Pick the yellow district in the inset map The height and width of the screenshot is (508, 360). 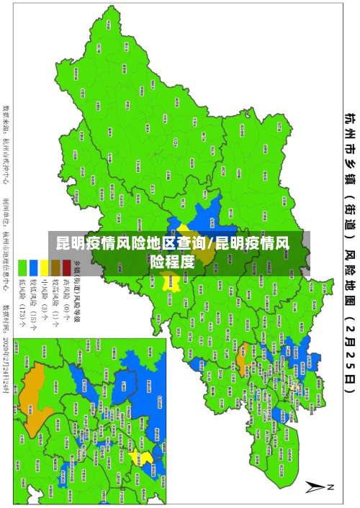pos(145,458)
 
